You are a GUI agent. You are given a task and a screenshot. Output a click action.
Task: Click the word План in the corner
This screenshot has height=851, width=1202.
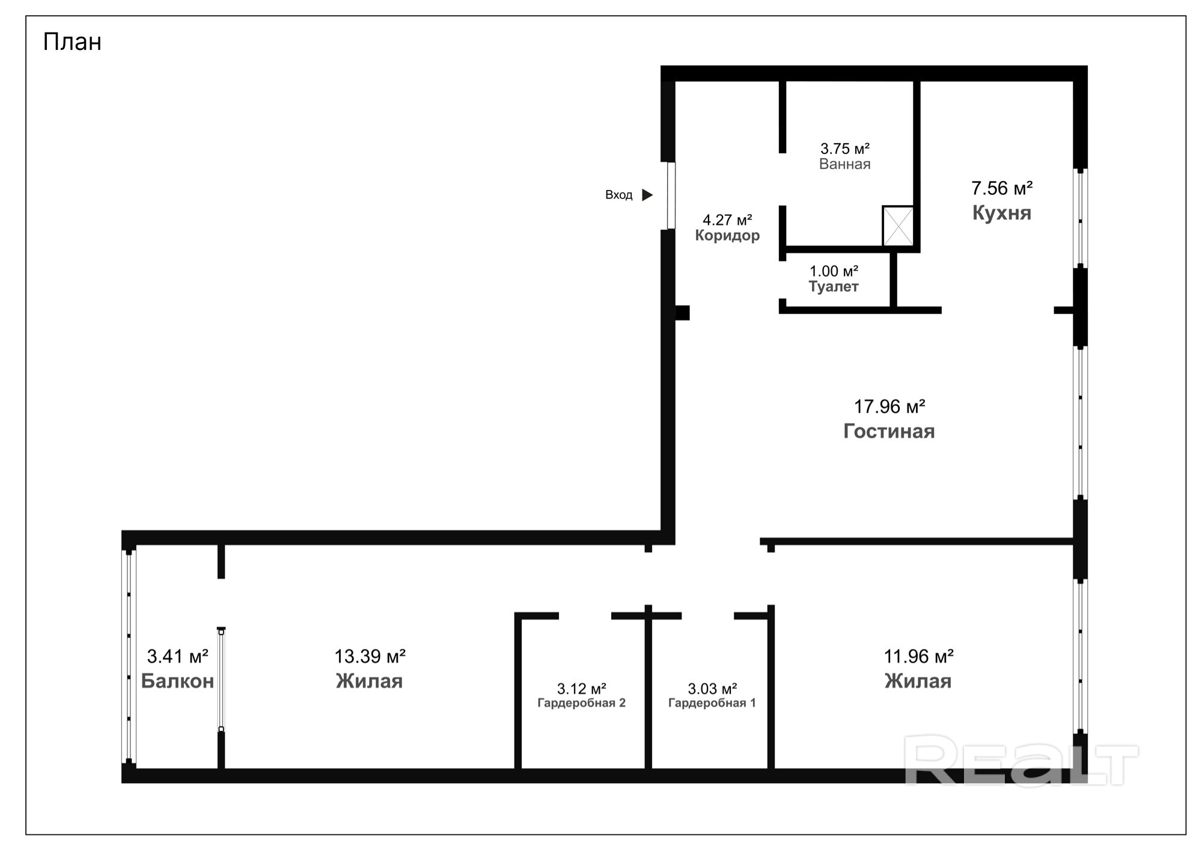[x=72, y=42]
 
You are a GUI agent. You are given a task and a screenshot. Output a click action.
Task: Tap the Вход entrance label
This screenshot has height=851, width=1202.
[x=618, y=195]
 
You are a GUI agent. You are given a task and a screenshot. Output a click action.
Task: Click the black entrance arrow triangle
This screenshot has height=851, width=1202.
[x=647, y=195]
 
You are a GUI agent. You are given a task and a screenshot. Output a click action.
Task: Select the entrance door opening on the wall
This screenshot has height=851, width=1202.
[x=671, y=195]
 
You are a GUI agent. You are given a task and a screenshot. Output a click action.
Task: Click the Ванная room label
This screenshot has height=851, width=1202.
[x=844, y=164]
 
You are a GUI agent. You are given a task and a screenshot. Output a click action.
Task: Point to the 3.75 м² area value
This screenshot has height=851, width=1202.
[x=845, y=148]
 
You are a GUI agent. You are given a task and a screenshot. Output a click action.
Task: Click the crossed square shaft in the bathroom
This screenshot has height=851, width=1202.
[x=898, y=226]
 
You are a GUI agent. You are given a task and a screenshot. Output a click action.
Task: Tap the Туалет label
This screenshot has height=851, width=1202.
[x=834, y=287]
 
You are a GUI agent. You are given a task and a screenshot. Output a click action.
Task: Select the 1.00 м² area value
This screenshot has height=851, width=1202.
[x=834, y=271]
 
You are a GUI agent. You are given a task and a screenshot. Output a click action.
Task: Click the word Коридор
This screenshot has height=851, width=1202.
[x=727, y=235]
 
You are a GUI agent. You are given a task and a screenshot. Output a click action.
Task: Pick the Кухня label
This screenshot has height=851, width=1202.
[x=1002, y=213]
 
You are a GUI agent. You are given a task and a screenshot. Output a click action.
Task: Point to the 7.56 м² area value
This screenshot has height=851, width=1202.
[x=1002, y=188]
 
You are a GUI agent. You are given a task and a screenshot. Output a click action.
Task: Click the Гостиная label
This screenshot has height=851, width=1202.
[x=889, y=431]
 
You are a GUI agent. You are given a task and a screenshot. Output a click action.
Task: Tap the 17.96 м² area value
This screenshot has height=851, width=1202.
[x=889, y=407]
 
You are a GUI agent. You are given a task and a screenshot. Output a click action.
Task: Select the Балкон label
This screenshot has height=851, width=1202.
[x=177, y=681]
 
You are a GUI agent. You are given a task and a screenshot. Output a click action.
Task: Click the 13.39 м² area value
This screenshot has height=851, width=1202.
[x=370, y=656]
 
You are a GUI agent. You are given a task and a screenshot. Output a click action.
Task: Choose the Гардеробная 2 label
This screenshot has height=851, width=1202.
[x=581, y=702]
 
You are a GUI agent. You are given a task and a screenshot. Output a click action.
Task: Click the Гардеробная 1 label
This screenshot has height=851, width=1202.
[x=712, y=702]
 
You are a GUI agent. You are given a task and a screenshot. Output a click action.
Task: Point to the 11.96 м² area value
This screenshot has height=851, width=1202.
[x=918, y=656]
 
